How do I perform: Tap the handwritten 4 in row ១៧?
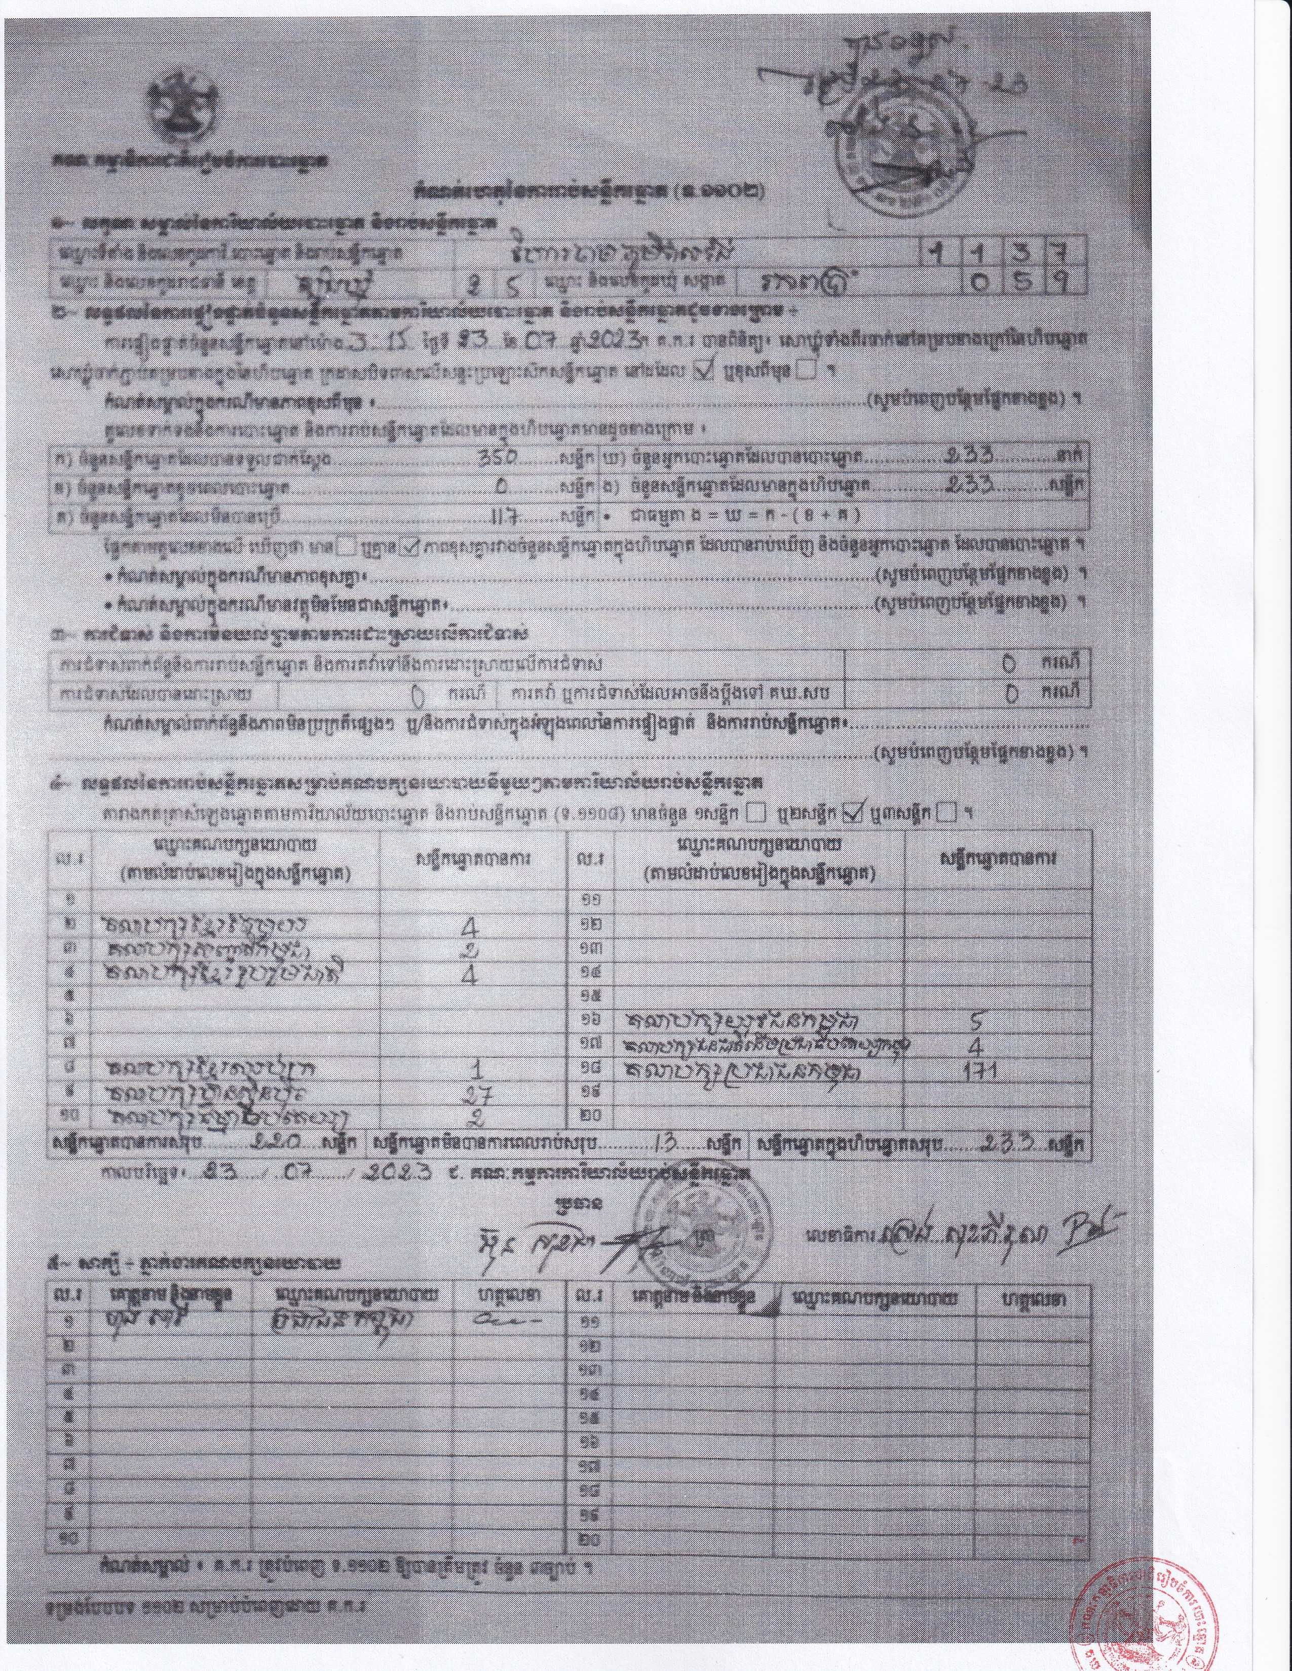tap(975, 1046)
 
